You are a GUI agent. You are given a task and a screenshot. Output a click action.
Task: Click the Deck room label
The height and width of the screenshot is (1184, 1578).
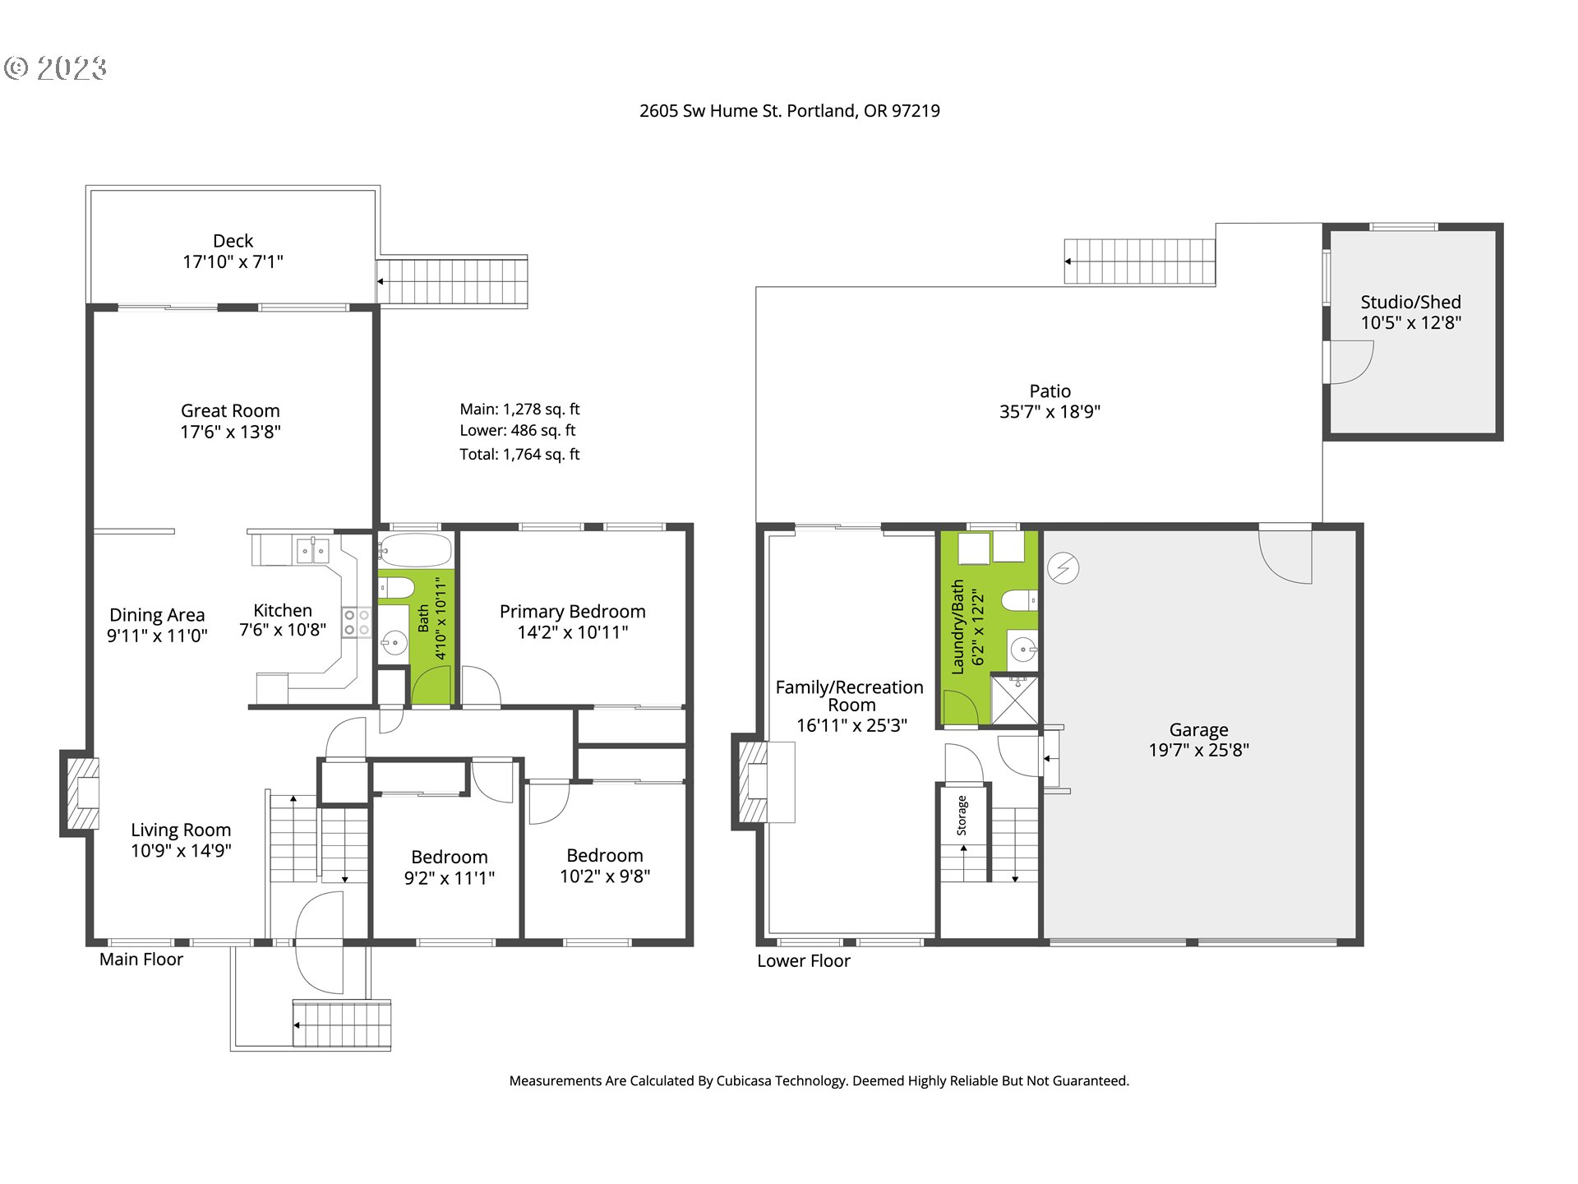click(233, 241)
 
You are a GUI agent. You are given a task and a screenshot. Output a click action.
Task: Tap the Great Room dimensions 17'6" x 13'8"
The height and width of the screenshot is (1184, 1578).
click(231, 432)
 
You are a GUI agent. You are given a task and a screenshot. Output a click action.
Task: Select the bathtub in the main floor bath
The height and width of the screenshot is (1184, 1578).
click(416, 549)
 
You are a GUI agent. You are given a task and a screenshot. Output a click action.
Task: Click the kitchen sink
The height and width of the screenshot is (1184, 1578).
click(312, 550)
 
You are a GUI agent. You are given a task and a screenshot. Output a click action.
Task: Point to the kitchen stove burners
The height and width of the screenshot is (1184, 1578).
click(357, 622)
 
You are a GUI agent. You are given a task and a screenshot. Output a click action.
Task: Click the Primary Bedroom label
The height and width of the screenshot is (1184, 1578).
click(573, 612)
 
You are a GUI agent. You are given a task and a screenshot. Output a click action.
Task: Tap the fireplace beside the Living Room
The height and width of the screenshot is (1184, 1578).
click(81, 793)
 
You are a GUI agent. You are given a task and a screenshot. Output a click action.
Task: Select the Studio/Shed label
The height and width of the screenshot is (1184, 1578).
click(1410, 302)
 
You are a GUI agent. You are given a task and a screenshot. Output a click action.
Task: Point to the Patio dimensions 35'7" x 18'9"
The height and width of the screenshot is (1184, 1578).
click(1050, 412)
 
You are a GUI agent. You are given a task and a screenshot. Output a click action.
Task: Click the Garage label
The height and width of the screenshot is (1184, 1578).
click(1198, 730)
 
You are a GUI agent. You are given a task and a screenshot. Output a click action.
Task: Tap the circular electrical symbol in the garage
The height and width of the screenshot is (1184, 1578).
click(1063, 567)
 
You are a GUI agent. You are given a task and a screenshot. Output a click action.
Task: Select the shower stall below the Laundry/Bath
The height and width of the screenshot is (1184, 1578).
click(1015, 700)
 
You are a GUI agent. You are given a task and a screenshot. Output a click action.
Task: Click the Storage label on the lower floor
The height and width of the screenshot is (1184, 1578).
click(962, 816)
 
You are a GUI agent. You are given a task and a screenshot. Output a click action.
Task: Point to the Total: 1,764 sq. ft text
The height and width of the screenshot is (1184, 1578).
click(519, 454)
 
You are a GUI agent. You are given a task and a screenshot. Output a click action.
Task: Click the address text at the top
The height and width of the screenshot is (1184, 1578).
click(790, 111)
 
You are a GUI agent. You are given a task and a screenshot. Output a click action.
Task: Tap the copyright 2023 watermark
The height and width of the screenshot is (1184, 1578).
click(55, 68)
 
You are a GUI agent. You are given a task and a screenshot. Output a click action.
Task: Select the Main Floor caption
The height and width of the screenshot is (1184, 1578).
click(141, 960)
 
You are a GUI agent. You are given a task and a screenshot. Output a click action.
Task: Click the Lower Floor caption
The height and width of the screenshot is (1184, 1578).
click(804, 961)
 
